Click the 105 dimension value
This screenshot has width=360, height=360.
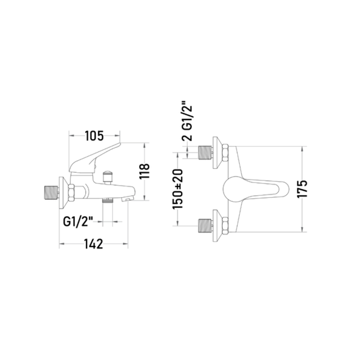pos(95,136)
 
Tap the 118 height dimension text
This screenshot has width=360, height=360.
pos(145,171)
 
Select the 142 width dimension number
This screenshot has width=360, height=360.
pos(93,244)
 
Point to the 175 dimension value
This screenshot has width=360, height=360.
pos(302,189)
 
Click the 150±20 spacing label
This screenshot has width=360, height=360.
pos(178,189)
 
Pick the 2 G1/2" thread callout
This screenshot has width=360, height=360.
pos(187,121)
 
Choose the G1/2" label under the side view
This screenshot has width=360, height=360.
pos(78,222)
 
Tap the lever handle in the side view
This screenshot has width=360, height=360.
pos(94,159)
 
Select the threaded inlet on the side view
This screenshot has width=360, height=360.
pos(50,192)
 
